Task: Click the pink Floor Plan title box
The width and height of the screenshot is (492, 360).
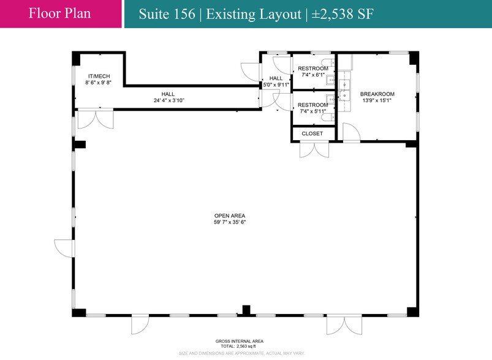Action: [60, 13]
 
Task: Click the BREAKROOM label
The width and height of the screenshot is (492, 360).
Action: [377, 94]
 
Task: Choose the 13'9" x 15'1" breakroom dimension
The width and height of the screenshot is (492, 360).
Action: [377, 100]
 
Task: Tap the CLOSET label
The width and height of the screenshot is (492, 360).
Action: [312, 133]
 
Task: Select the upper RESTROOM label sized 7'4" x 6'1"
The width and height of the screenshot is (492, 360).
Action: [312, 68]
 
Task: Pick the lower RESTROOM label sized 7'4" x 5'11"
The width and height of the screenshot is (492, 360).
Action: [312, 105]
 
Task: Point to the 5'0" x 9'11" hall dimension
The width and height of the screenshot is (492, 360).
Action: [276, 85]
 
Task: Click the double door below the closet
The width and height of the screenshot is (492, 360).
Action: [314, 149]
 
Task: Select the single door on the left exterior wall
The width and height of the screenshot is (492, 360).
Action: [64, 247]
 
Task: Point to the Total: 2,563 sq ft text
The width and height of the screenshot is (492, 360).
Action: [231, 347]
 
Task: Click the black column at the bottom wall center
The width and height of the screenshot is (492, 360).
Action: [246, 310]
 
